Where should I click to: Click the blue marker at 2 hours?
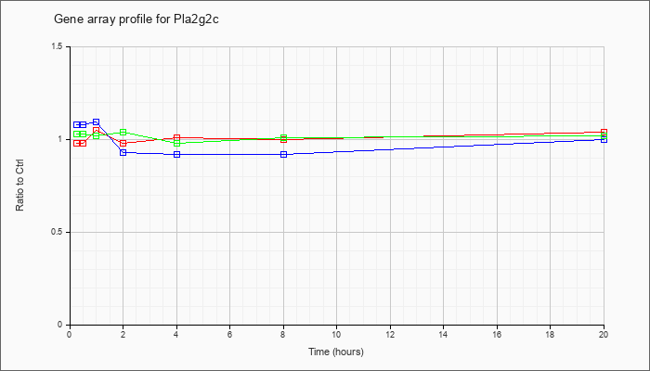(123, 153)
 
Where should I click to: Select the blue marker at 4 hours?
(177, 155)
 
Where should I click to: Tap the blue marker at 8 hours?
(283, 155)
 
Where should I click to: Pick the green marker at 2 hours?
(123, 132)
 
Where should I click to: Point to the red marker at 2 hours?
(123, 143)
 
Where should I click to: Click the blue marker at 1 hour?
(97, 122)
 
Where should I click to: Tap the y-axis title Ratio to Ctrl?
(19, 185)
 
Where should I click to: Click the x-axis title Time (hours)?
(336, 352)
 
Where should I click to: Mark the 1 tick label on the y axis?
(60, 139)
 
